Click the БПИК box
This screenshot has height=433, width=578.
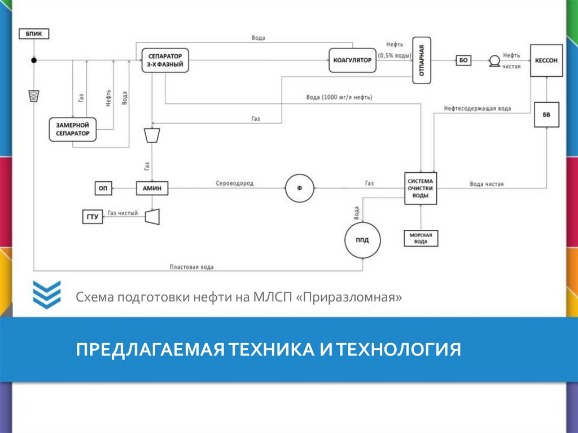pos(33,34)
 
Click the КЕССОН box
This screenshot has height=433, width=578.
pos(546,60)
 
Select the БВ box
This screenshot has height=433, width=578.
pos(546,115)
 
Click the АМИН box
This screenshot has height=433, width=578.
pos(152,189)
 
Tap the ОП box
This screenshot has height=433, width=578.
pos(102,189)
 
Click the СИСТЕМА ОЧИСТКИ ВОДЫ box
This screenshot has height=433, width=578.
pos(421,188)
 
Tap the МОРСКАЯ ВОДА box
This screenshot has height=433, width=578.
pos(421,238)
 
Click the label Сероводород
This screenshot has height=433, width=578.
pos(234,183)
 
